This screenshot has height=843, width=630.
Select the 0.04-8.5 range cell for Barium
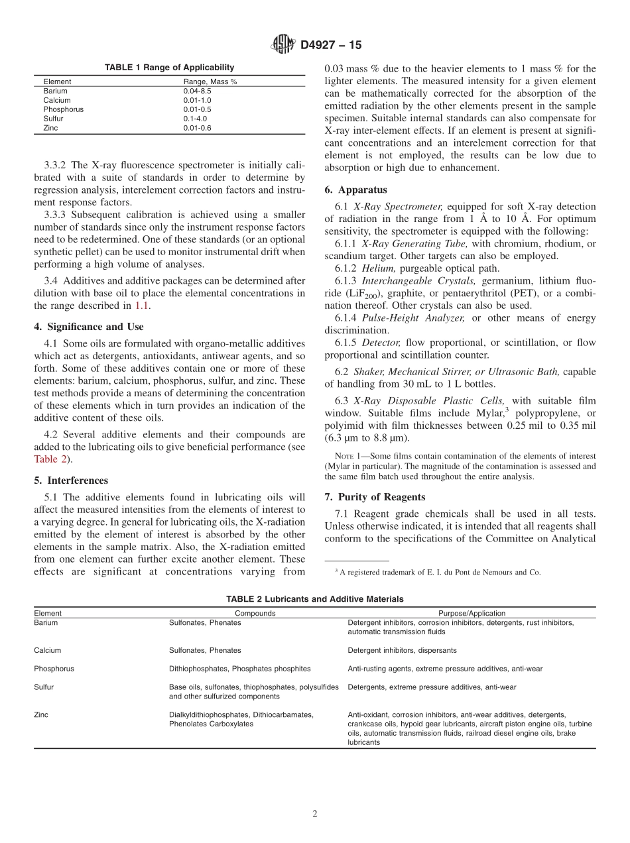(197, 91)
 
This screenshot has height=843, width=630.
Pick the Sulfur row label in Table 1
(53, 119)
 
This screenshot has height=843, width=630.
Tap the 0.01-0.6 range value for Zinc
(197, 128)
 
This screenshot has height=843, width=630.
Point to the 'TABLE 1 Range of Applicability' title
(169, 68)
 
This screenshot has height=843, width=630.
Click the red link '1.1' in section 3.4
(141, 306)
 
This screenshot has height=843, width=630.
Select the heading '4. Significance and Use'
(88, 327)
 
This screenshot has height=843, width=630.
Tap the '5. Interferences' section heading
(70, 480)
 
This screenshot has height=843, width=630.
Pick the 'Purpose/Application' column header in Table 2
(472, 613)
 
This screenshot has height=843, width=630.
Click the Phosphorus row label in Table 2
(54, 669)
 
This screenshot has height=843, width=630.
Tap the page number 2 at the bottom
(315, 814)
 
